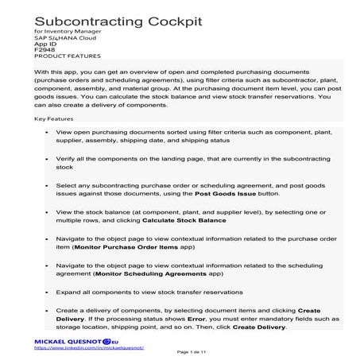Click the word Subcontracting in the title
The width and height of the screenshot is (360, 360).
click(83, 17)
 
